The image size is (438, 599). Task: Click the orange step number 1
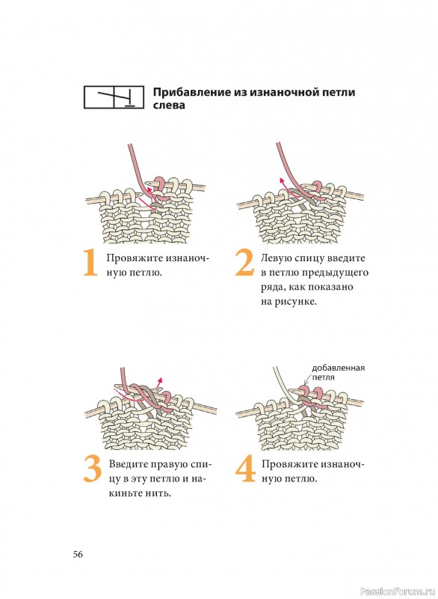(90, 263)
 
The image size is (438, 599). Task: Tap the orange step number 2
(244, 263)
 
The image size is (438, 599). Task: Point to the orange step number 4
(245, 469)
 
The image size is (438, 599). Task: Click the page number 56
(78, 554)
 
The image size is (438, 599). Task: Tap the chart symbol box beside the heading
(114, 97)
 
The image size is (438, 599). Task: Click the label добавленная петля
(338, 372)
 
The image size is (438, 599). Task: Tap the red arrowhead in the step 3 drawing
(161, 380)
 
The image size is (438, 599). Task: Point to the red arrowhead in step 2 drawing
(282, 180)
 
